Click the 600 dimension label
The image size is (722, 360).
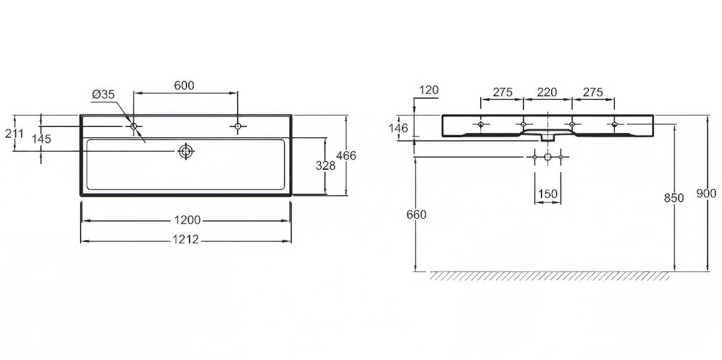184,85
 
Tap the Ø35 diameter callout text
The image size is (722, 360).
103,95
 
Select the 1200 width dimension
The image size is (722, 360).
187,220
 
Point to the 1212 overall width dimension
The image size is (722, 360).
186,240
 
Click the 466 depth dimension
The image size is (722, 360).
346,156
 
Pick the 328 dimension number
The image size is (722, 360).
326,166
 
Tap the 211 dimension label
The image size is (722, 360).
14,133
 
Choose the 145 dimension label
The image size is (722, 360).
42,139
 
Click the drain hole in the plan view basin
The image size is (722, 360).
186,151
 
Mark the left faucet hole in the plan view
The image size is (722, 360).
134,126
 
